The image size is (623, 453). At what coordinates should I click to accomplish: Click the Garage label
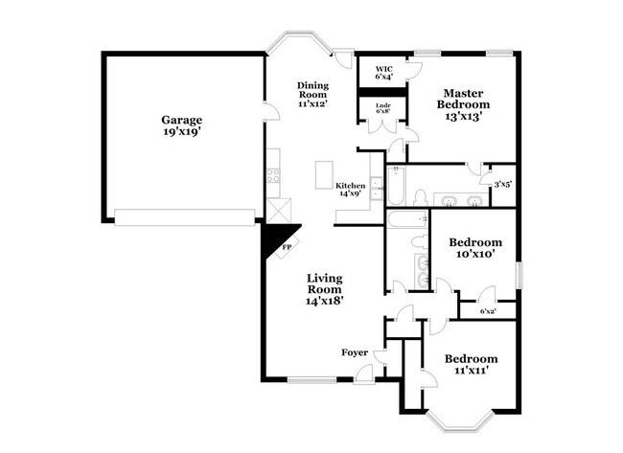181,120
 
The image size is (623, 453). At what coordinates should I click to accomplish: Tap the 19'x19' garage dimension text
181,133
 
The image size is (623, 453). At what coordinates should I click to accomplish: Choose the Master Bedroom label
464,99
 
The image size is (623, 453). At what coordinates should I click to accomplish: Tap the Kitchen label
350,185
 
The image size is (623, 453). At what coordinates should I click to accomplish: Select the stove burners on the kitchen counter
273,175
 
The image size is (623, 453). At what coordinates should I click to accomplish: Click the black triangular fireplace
281,239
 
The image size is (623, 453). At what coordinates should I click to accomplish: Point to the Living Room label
325,284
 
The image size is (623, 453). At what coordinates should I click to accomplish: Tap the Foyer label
355,352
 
